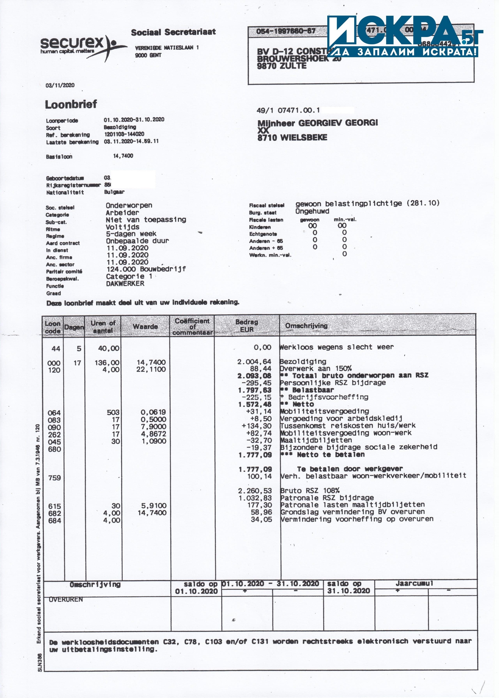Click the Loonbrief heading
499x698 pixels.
(71, 105)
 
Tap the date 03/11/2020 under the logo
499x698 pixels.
(60, 85)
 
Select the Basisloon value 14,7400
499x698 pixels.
(123, 156)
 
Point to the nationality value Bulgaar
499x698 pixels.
(114, 192)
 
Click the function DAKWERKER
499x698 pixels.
(125, 283)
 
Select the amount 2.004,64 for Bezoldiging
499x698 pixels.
(254, 362)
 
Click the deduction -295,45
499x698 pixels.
(256, 383)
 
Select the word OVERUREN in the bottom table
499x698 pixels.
(66, 599)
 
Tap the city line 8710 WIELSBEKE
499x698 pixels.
(292, 137)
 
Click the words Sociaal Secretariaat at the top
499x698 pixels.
(173, 32)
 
